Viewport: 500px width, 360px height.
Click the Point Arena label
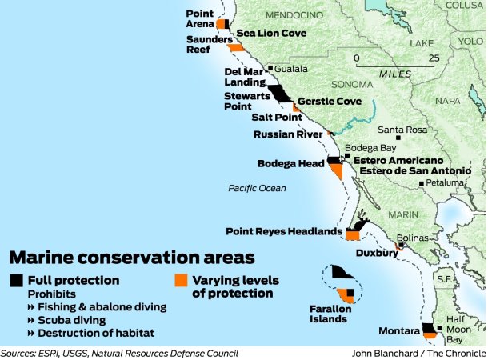click(x=199, y=18)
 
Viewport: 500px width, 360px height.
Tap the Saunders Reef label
click(x=209, y=43)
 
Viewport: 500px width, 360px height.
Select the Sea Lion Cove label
click(x=272, y=34)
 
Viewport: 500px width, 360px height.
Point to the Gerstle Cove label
click(x=330, y=102)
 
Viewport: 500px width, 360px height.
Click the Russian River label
click(x=288, y=134)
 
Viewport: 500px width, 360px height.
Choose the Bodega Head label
click(x=290, y=163)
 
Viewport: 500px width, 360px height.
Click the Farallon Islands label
click(x=328, y=313)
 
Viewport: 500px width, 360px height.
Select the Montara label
click(x=399, y=330)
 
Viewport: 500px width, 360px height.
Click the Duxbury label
click(x=376, y=254)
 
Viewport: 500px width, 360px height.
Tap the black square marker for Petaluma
click(x=422, y=183)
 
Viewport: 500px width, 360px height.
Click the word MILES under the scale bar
click(x=395, y=73)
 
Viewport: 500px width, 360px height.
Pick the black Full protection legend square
click(x=17, y=280)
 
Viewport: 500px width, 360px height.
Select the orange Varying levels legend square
click(x=181, y=280)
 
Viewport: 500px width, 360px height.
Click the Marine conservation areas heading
click(x=132, y=258)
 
